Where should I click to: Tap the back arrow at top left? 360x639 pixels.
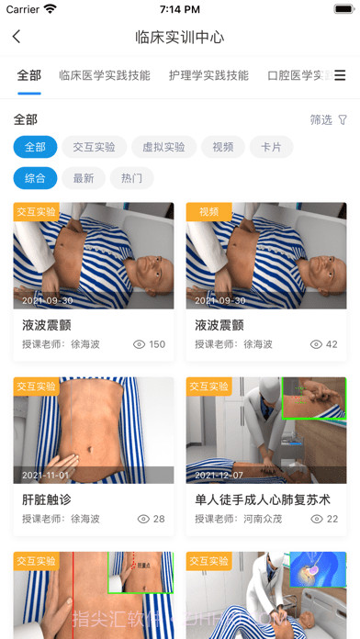tap(17, 38)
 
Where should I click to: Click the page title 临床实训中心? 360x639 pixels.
tap(180, 38)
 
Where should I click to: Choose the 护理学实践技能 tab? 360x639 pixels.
tap(208, 75)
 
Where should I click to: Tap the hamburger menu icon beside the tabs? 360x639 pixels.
tap(340, 75)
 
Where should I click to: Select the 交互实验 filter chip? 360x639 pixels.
tap(95, 147)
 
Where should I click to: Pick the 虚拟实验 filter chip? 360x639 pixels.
tap(163, 147)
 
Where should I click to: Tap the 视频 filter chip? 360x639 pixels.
tap(223, 147)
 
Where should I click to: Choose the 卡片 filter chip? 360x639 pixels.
tap(271, 147)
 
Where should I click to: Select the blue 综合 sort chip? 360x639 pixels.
tap(36, 178)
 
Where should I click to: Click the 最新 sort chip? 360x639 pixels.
tap(84, 178)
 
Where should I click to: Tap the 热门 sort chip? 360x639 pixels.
tap(131, 178)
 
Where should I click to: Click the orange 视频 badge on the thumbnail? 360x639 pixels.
tap(208, 211)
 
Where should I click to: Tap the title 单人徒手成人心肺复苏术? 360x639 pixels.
tap(263, 499)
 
